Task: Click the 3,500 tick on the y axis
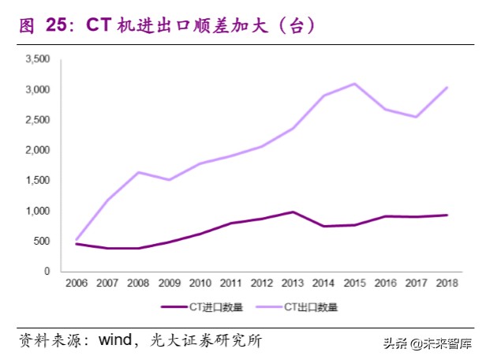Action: pos(38,59)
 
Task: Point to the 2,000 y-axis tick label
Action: pos(38,150)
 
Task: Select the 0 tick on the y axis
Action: pos(48,272)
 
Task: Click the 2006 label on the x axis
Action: pos(77,283)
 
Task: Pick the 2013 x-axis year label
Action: pos(292,283)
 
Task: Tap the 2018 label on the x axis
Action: pos(447,283)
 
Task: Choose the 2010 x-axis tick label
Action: pos(200,283)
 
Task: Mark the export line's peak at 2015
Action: pos(354,84)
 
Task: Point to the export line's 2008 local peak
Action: pos(138,172)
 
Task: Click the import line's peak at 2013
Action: pos(292,212)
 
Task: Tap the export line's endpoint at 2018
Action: pos(447,88)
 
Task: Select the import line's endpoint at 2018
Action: pos(447,215)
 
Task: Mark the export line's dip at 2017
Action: pos(416,117)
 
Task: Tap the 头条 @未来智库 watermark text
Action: pos(428,343)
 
